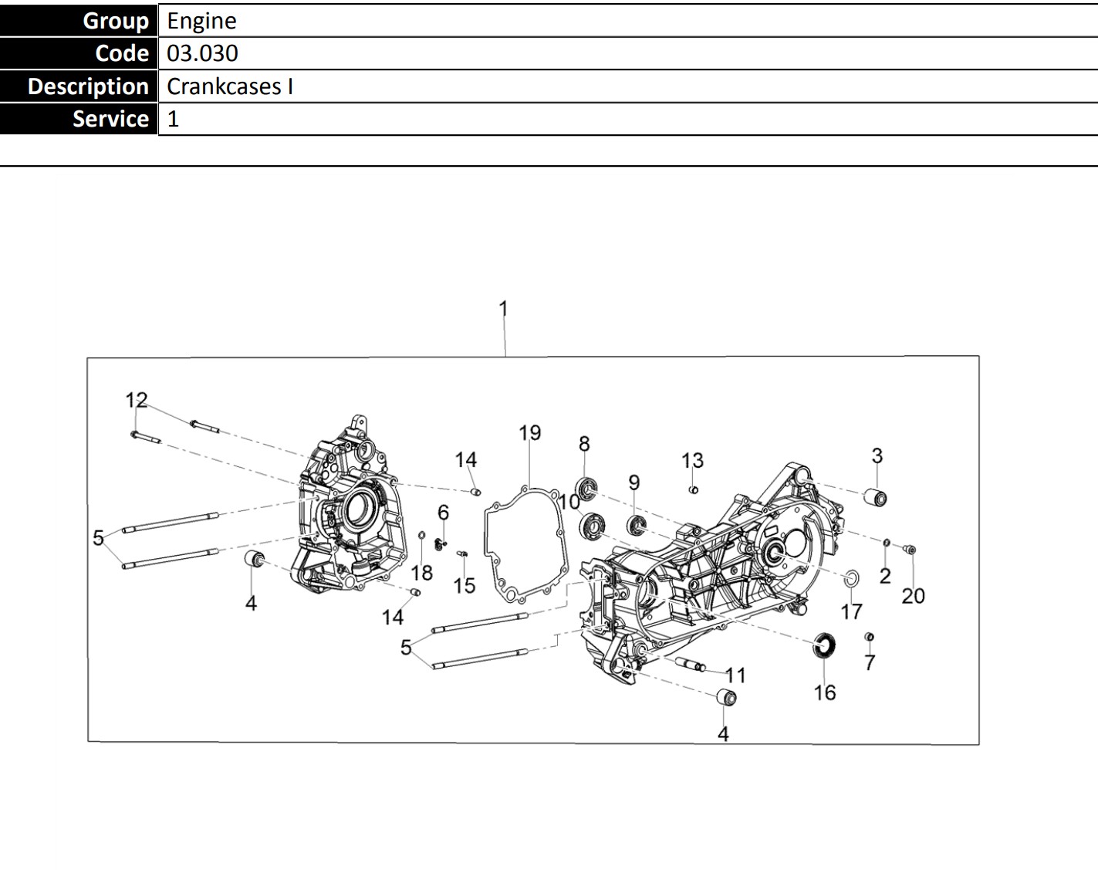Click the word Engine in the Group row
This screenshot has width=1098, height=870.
coord(201,21)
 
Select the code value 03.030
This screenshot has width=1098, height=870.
coord(202,53)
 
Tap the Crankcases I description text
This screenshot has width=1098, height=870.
coord(229,86)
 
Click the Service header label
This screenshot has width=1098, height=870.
coord(110,119)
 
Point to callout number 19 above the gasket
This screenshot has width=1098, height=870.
coord(530,433)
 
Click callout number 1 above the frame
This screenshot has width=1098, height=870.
coord(503,309)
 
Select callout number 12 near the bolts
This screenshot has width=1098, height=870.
coord(137,400)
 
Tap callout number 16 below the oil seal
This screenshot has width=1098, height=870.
coord(825,692)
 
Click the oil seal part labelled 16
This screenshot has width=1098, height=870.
coord(825,645)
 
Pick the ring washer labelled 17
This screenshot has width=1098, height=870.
coord(851,578)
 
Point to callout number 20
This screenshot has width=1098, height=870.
coord(914,596)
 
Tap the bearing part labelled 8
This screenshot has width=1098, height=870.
coord(588,488)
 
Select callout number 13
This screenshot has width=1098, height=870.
coord(692,461)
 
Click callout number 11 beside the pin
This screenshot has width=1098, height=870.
coord(735,675)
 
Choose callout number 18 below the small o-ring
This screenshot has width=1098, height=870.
coord(422,573)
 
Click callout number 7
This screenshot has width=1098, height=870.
coord(870,662)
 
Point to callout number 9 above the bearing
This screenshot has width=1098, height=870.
coord(633,482)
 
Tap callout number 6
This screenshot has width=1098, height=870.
coord(443,513)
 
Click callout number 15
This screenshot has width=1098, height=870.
coord(464,586)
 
